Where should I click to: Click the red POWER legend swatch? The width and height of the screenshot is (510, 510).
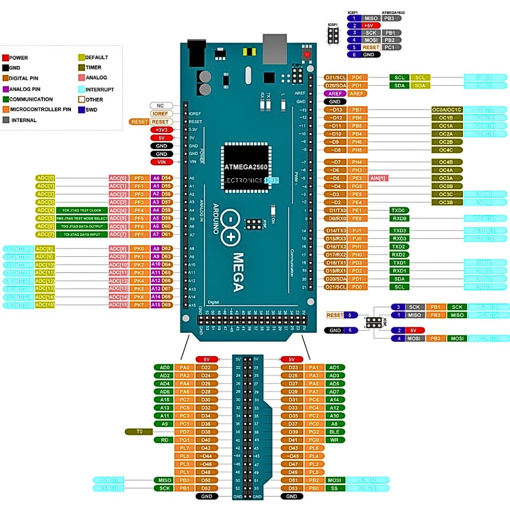click(x=5, y=58)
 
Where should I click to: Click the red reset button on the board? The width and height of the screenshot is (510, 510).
click(x=307, y=54)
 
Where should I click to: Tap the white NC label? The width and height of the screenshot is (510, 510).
click(x=161, y=106)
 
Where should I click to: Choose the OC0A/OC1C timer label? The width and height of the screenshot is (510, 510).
click(x=447, y=110)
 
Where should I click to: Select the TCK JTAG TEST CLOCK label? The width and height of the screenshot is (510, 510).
click(x=82, y=210)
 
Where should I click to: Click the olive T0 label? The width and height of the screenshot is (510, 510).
click(x=140, y=432)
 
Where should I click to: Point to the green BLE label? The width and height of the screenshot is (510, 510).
click(x=334, y=432)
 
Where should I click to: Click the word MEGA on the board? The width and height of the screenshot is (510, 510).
click(x=238, y=271)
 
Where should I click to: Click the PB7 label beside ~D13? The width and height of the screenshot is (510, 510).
click(x=358, y=110)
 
